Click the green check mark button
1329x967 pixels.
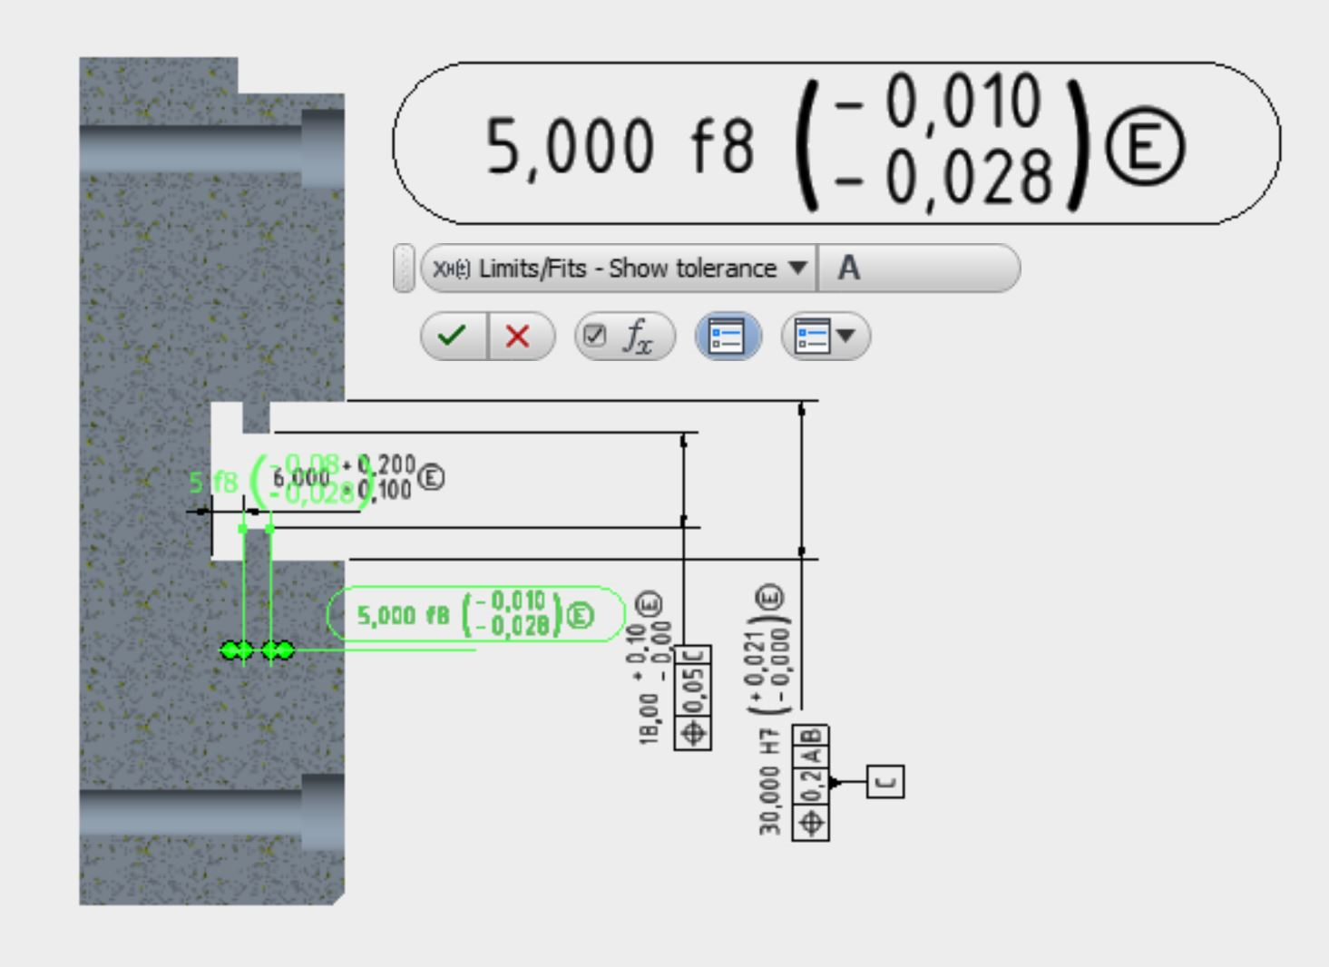pyautogui.click(x=453, y=337)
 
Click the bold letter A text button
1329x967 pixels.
pyautogui.click(x=849, y=269)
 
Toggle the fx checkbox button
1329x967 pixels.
pyautogui.click(x=624, y=337)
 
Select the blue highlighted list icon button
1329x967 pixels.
pyautogui.click(x=728, y=337)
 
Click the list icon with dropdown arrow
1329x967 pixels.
pyautogui.click(x=825, y=337)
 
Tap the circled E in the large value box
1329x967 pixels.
pyautogui.click(x=1144, y=146)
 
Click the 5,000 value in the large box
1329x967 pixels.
pyautogui.click(x=569, y=146)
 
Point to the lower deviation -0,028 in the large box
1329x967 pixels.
pyautogui.click(x=943, y=178)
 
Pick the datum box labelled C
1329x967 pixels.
pyautogui.click(x=885, y=782)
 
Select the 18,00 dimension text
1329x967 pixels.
pyautogui.click(x=649, y=720)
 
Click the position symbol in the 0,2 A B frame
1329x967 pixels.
pyautogui.click(x=811, y=823)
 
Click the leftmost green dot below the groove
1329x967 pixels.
pyautogui.click(x=230, y=650)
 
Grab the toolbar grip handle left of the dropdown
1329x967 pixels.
pyautogui.click(x=404, y=269)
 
